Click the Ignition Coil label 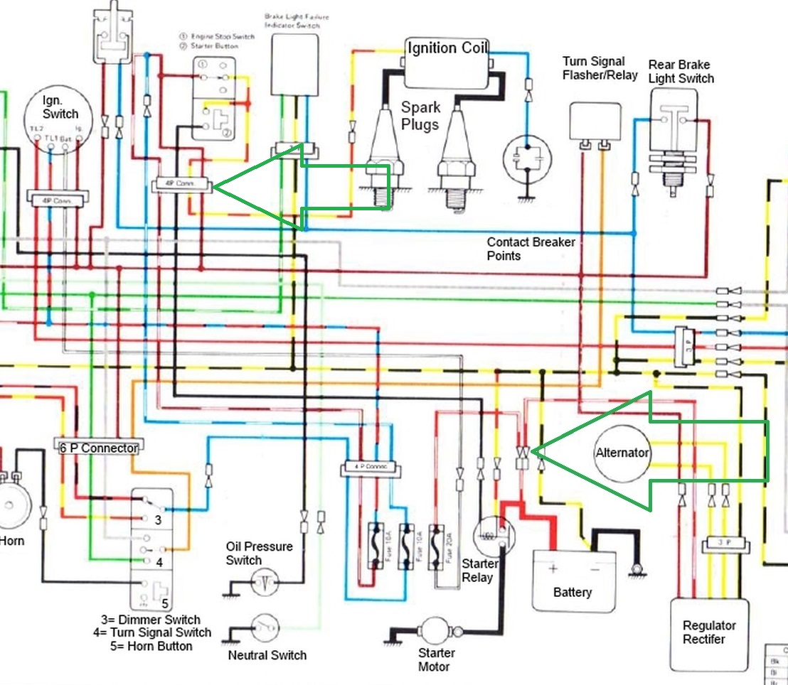click(447, 48)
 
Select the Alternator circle click(622, 453)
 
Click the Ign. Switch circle click(60, 114)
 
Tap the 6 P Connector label click(97, 448)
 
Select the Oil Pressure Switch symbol click(265, 583)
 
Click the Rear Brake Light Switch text click(681, 72)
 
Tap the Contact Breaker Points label click(531, 249)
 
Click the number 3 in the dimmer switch click(159, 519)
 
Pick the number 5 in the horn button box click(165, 603)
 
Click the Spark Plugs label click(420, 114)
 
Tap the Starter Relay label click(479, 570)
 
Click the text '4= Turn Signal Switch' click(151, 632)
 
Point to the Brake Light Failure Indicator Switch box click(292, 63)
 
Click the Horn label click(11, 541)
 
